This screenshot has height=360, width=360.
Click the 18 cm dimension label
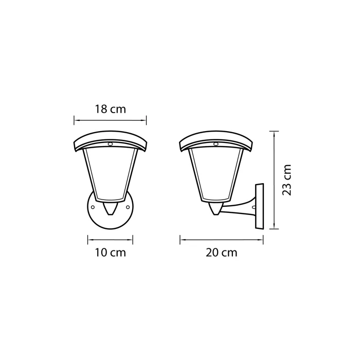pyautogui.click(x=110, y=109)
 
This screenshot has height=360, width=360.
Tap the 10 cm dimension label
pyautogui.click(x=110, y=253)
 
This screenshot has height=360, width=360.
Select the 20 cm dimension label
pyautogui.click(x=222, y=253)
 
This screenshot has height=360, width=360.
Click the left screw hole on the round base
pyautogui.click(x=93, y=207)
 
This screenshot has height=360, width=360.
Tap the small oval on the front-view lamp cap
pyautogui.click(x=110, y=145)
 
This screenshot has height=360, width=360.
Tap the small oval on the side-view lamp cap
pyautogui.click(x=216, y=145)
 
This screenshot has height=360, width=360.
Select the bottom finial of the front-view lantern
pyautogui.click(x=110, y=209)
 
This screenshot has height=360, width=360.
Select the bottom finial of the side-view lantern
pyautogui.click(x=216, y=209)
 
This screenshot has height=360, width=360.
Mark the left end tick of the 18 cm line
pyautogui.click(x=75, y=120)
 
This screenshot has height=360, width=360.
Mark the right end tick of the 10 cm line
pyautogui.click(x=133, y=239)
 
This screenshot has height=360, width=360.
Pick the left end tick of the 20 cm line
pyautogui.click(x=179, y=239)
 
